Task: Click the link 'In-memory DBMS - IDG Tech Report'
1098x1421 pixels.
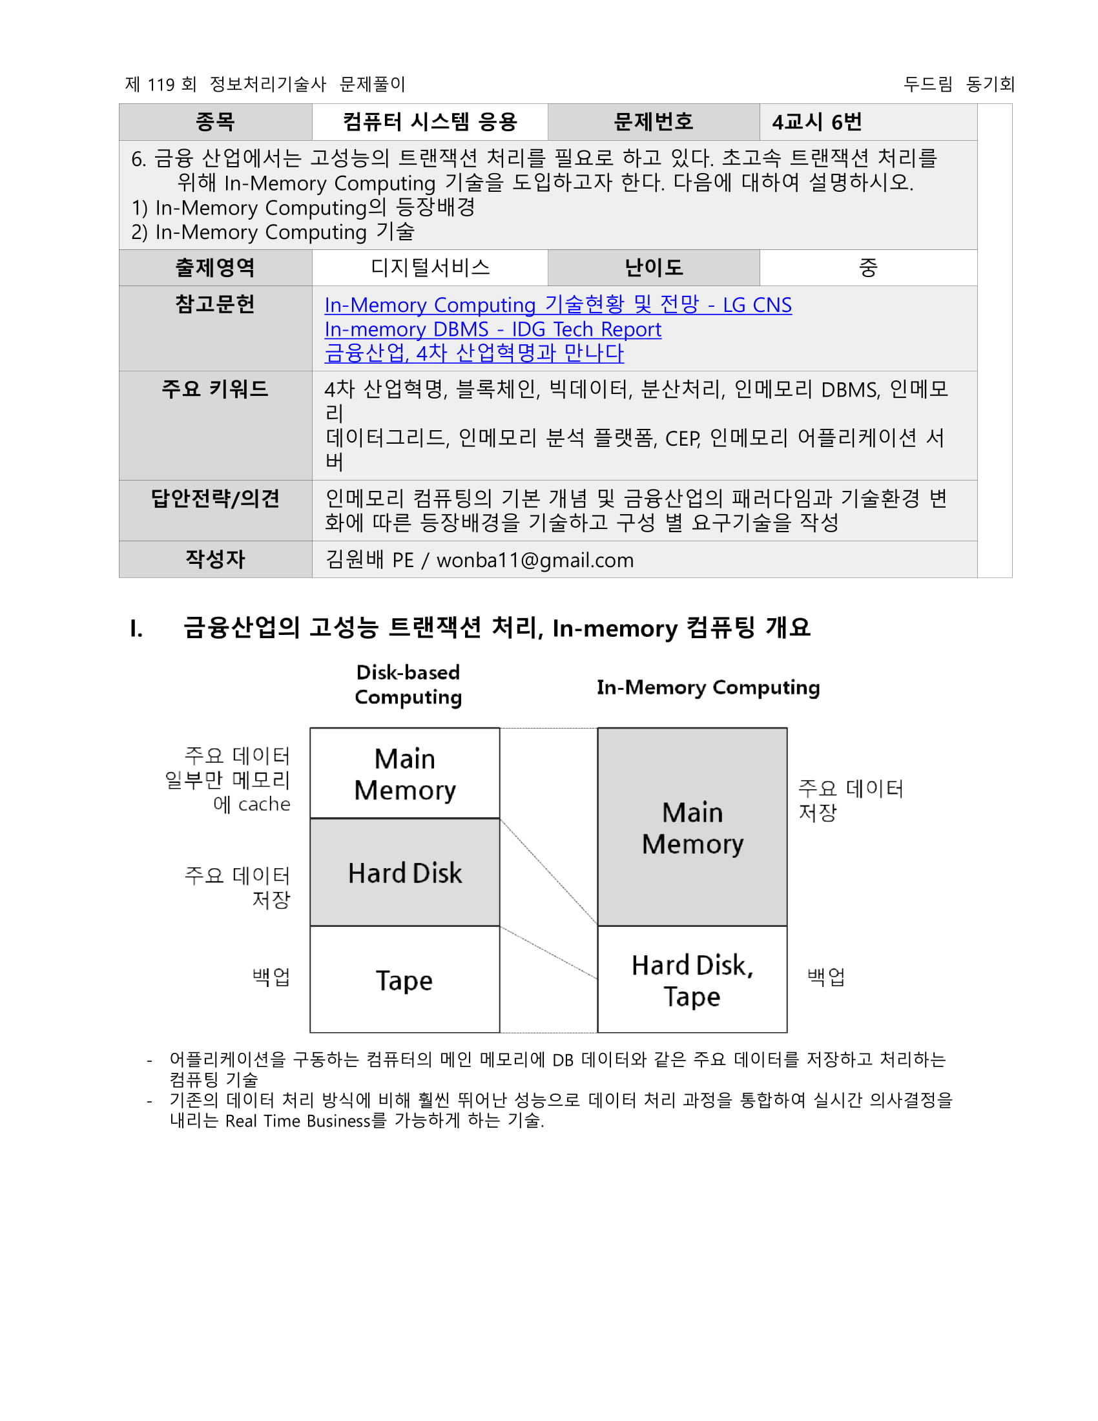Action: pos(492,329)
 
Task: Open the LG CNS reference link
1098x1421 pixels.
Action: pos(557,304)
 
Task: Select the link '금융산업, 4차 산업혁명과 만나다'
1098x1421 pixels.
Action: pos(473,353)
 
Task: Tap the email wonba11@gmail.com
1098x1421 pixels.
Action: pos(535,559)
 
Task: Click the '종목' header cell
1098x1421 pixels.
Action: pos(215,121)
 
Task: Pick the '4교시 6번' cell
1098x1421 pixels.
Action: pos(816,121)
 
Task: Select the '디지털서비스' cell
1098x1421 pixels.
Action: pos(430,267)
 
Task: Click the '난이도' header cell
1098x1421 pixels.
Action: pos(653,267)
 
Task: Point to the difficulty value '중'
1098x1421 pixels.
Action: pos(867,267)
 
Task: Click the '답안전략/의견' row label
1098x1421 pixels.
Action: pos(215,499)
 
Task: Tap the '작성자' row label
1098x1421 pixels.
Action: pos(215,559)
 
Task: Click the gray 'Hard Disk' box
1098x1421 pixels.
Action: pos(404,873)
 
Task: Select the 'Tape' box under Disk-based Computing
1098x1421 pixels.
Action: pos(404,979)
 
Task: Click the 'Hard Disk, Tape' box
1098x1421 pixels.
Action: pos(692,979)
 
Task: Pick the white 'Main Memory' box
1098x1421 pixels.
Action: pos(404,774)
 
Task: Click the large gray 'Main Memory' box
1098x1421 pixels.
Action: pos(692,827)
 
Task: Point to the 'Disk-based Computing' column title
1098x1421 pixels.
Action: pos(408,685)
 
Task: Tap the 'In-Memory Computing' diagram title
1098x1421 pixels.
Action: pos(708,687)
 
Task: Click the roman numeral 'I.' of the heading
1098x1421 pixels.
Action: pos(136,628)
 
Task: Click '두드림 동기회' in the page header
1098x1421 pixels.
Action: pos(958,84)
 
